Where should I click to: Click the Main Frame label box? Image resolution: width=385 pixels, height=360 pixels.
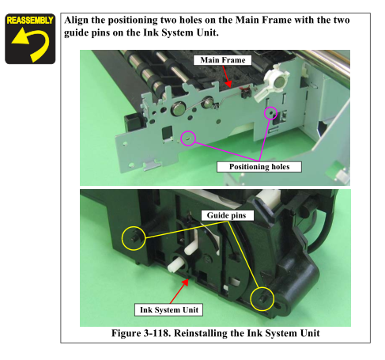222,60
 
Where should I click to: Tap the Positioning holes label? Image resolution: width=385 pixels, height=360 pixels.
259,167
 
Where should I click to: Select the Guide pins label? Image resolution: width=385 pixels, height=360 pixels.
226,215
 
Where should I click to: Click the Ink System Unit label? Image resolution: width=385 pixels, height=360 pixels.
168,309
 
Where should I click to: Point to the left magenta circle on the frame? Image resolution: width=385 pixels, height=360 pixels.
182,138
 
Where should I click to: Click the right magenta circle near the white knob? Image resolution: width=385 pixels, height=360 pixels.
265,113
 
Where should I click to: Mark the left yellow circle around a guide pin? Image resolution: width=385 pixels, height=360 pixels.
122,238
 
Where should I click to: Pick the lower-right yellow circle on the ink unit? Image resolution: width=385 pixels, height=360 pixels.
251,299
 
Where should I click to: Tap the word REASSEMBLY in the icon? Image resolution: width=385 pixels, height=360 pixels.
30,21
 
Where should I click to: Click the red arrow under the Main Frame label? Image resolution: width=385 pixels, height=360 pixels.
227,77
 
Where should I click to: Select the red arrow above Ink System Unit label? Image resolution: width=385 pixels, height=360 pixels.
179,291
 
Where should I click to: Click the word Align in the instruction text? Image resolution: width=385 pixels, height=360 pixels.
77,21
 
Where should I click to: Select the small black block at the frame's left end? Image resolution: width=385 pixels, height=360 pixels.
134,122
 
